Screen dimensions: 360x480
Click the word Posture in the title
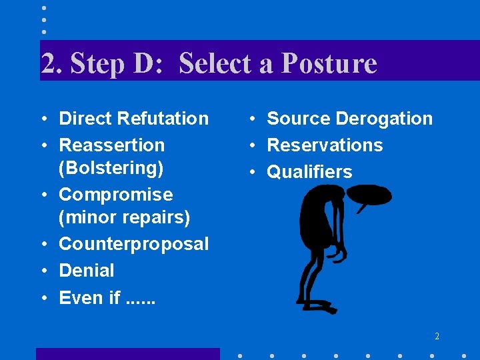coord(329,64)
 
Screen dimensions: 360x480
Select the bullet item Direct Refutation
coord(133,119)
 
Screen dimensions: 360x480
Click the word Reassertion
coord(111,145)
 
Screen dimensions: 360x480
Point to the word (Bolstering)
coord(111,168)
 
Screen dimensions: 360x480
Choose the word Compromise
coord(115,195)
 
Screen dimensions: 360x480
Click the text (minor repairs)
coord(124,217)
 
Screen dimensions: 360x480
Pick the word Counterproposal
coord(133,244)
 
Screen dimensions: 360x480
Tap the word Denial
coord(87,271)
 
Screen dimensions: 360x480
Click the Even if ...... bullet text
coord(107,297)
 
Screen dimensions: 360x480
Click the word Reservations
coord(325,145)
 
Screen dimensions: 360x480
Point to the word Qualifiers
coord(309,172)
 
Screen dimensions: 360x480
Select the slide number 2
coord(437,337)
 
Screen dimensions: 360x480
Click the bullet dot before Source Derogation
coord(253,119)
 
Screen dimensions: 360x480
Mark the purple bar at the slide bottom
coord(127,353)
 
